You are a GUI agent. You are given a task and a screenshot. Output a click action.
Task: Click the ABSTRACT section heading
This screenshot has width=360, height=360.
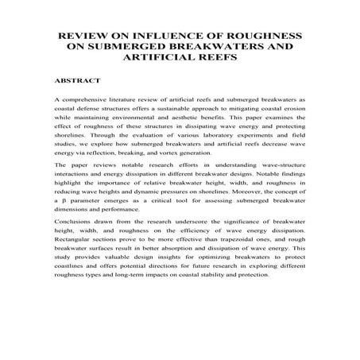pyautogui.click(x=78, y=82)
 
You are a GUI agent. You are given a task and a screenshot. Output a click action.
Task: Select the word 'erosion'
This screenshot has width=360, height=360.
pyautogui.click(x=293, y=114)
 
